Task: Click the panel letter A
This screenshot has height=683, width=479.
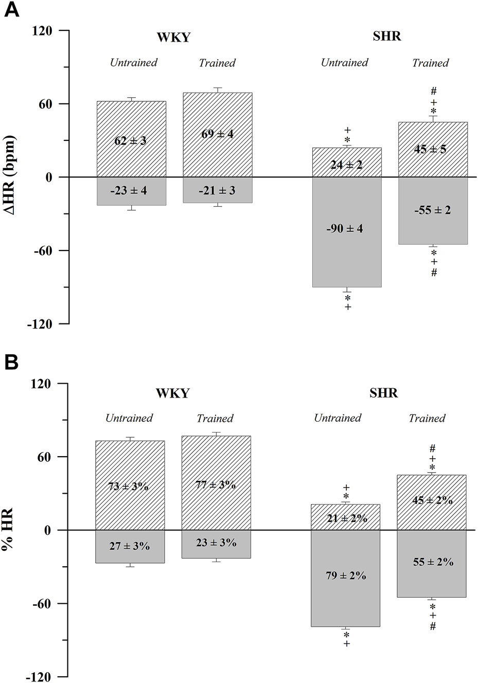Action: tap(11, 10)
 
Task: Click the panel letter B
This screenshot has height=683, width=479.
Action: tap(11, 363)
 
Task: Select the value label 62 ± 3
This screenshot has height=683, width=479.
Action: tap(130, 140)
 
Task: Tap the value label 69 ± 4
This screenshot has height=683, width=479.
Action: tap(217, 134)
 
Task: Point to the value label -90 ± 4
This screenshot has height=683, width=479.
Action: tap(344, 228)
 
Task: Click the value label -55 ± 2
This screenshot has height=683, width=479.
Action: tap(432, 210)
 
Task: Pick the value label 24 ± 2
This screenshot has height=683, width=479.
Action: tap(346, 165)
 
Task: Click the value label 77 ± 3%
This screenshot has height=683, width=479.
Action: tap(216, 484)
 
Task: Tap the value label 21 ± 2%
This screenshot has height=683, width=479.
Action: tap(346, 518)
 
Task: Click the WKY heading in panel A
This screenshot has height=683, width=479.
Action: tap(173, 37)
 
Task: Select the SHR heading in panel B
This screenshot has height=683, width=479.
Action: tap(383, 393)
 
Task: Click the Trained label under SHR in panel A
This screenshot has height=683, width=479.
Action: tap(430, 63)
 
